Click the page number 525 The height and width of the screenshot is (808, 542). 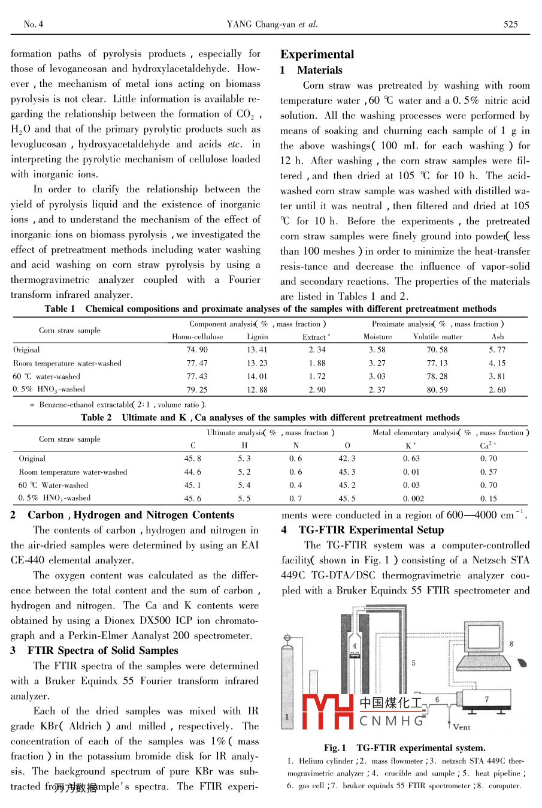click(x=510, y=25)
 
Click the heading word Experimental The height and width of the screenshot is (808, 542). click(x=317, y=55)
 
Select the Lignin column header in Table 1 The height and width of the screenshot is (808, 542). click(x=258, y=337)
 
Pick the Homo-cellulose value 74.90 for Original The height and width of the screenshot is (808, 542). click(x=197, y=350)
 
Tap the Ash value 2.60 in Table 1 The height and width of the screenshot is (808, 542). click(x=497, y=390)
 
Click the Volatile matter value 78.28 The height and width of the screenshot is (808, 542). click(x=437, y=376)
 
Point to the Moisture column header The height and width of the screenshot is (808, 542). click(x=377, y=337)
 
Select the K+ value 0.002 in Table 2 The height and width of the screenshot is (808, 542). click(x=413, y=498)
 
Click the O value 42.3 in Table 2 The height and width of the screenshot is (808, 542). click(x=347, y=459)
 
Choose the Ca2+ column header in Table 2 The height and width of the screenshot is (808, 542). click(x=488, y=445)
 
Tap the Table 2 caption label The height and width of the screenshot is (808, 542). click(x=96, y=418)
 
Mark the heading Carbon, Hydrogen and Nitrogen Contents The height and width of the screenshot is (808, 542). click(x=131, y=515)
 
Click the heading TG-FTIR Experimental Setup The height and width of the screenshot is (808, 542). click(x=371, y=530)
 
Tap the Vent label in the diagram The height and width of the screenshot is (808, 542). click(x=461, y=727)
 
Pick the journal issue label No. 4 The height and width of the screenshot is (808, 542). click(x=34, y=25)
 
